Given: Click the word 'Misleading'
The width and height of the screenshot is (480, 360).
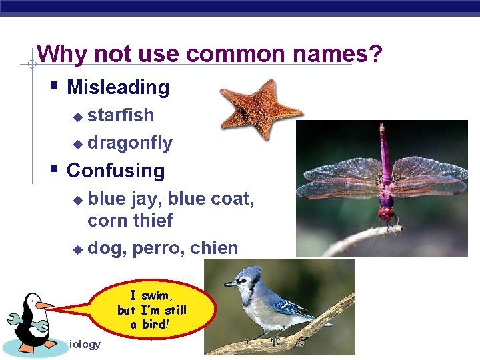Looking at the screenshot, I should (118, 87).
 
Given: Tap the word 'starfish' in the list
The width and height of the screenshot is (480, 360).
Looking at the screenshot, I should (121, 115).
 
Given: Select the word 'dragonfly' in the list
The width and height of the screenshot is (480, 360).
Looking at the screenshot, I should (130, 143).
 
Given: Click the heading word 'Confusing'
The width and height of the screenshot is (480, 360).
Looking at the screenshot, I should (115, 171).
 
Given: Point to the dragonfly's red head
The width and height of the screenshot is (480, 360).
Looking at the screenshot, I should (386, 214).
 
